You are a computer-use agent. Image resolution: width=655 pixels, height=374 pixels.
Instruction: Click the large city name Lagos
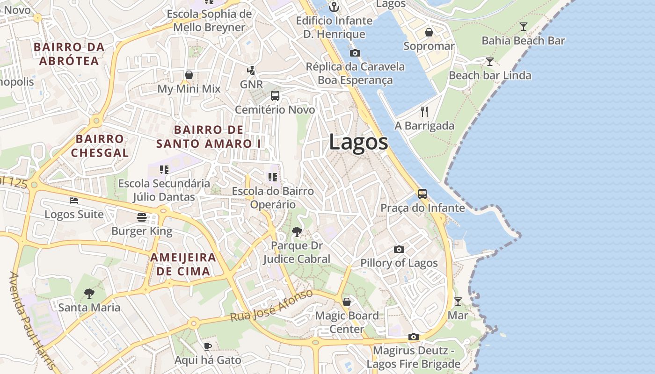coord(358,142)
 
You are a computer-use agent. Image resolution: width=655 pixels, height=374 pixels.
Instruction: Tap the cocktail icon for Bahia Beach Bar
coord(524,27)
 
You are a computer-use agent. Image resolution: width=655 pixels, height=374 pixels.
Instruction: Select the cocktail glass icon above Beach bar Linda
coord(490,62)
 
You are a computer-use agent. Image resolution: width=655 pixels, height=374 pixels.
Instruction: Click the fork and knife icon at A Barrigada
coord(424,111)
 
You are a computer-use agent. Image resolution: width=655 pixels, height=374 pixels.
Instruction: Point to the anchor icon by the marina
coord(334,7)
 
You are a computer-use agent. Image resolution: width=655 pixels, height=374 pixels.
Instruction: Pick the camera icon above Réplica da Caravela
coord(355,53)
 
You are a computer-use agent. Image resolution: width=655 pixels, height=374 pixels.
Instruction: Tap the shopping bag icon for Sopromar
coord(429,32)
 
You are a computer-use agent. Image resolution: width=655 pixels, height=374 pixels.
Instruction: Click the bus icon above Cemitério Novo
coord(275,96)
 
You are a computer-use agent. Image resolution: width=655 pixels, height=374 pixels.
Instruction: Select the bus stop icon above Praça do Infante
coord(422,194)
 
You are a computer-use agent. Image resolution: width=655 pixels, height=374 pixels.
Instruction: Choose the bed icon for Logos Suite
coord(74,201)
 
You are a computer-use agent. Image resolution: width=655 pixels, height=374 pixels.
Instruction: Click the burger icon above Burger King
coord(142,217)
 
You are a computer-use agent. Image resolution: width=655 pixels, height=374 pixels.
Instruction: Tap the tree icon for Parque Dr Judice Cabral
coord(297,231)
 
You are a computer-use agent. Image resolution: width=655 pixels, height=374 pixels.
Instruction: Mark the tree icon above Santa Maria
coord(89,294)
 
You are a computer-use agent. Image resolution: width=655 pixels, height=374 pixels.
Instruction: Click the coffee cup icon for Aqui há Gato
coord(208,346)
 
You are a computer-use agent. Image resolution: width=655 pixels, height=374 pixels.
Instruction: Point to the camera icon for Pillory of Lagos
coord(399,249)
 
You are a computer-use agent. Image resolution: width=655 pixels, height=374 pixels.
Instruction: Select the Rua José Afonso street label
coord(271,306)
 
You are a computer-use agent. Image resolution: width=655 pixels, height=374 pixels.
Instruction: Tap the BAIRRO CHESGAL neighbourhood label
coord(100,146)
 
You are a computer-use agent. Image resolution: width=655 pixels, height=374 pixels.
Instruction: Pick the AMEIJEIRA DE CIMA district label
coord(183,264)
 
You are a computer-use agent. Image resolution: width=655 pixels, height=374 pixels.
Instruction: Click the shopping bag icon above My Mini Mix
coord(189,75)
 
